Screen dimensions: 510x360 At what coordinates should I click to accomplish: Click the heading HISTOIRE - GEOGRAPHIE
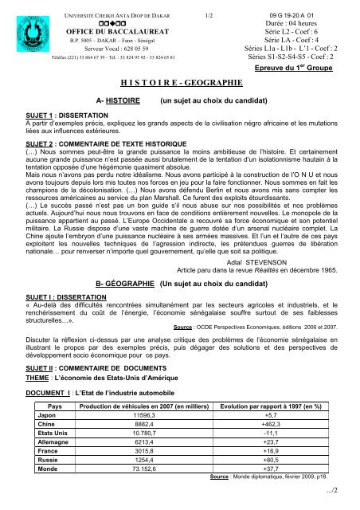pos(179,81)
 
